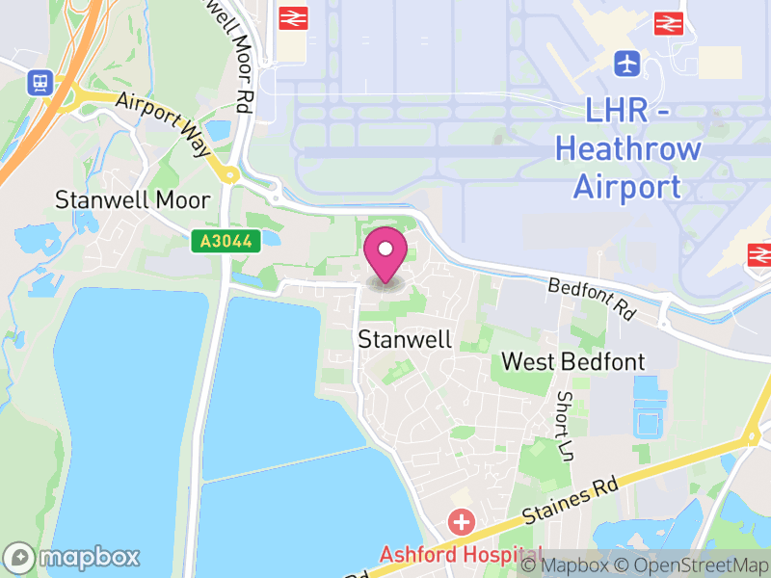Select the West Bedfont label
pos(573,362)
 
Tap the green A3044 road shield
pos(226,242)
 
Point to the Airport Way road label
pos(163,124)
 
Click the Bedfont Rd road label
pos(594,300)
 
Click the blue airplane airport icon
pos(627,65)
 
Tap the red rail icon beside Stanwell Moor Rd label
pos(292,17)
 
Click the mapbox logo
pos(72,557)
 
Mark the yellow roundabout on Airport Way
pos(229,174)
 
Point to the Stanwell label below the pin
pos(390,339)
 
